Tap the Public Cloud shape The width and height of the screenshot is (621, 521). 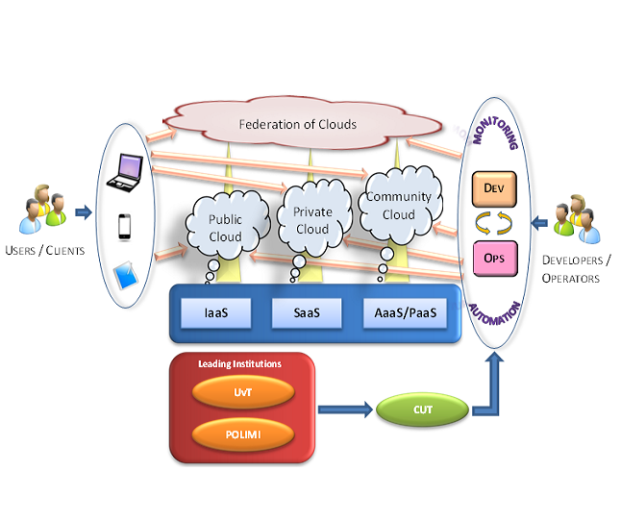coord(226,228)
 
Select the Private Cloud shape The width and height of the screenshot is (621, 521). coord(311,220)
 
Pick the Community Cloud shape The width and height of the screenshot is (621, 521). coord(398,206)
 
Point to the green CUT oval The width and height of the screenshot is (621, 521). coord(423,410)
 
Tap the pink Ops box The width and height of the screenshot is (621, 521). coord(495,259)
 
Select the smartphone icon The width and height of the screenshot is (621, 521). coord(124,227)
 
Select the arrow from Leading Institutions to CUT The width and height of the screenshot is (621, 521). coord(345,411)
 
